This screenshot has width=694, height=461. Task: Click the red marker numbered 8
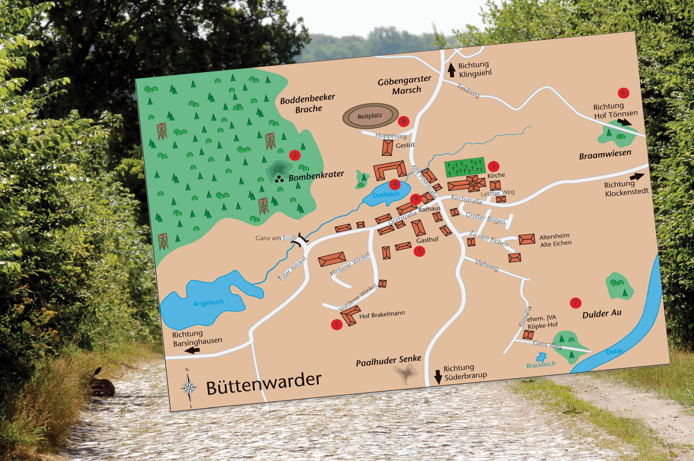pyautogui.click(x=403, y=121)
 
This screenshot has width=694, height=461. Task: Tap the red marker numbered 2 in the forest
pyautogui.click(x=295, y=155)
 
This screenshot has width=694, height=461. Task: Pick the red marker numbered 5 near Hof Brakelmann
pyautogui.click(x=337, y=324)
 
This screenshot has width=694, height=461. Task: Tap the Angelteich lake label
pyautogui.click(x=208, y=302)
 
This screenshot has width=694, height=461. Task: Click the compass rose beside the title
pyautogui.click(x=189, y=387)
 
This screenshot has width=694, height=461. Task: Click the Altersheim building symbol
pyautogui.click(x=527, y=239)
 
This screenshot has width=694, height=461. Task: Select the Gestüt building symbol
pyautogui.click(x=387, y=148)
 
